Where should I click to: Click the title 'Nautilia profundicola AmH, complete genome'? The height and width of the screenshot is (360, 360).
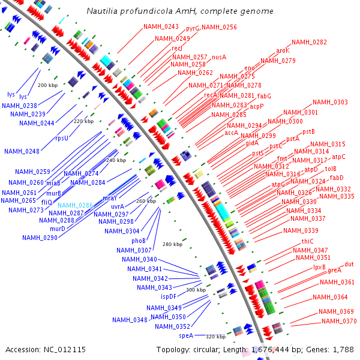click(179, 11)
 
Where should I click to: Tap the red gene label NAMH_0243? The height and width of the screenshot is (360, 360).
click(161, 27)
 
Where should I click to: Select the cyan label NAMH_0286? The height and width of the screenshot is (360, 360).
click(75, 205)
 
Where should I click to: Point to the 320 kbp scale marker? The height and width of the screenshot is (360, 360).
click(215, 337)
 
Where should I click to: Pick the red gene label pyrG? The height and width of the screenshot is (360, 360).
click(193, 28)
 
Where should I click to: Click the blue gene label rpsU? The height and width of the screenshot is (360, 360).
click(62, 138)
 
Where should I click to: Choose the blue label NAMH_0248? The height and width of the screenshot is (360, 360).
click(22, 151)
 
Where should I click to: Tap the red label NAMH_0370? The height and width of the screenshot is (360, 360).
click(339, 321)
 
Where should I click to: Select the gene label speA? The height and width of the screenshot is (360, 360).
click(186, 335)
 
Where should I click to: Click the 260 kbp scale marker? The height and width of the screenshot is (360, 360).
click(146, 201)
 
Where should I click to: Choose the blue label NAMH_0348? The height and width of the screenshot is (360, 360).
click(130, 320)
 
